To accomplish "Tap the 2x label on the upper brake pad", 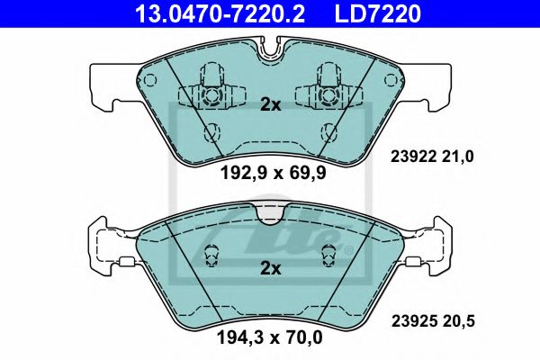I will point(271,104).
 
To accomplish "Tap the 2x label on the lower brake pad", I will point(271,267).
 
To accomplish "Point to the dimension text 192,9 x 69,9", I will point(271,175).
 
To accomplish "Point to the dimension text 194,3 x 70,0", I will point(271,339).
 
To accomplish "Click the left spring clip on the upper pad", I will point(212,91).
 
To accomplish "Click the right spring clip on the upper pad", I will point(328,91).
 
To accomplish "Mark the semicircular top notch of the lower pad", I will point(271,214).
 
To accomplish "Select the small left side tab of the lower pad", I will point(126,263).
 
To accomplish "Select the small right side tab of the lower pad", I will point(415,263).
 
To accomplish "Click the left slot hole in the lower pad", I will point(213,256).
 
